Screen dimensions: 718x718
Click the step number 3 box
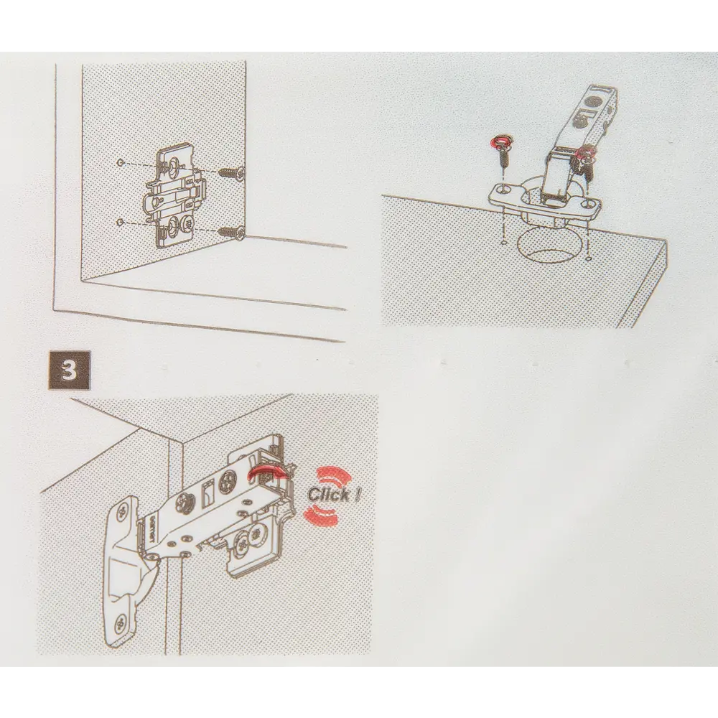click(69, 370)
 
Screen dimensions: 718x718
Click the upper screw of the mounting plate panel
click(231, 173)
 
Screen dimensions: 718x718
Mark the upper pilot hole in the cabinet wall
click(120, 162)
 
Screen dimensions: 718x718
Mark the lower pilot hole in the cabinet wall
click(120, 222)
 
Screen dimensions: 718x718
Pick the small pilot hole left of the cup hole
click(504, 243)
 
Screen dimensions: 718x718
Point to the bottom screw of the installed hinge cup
click(121, 623)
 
